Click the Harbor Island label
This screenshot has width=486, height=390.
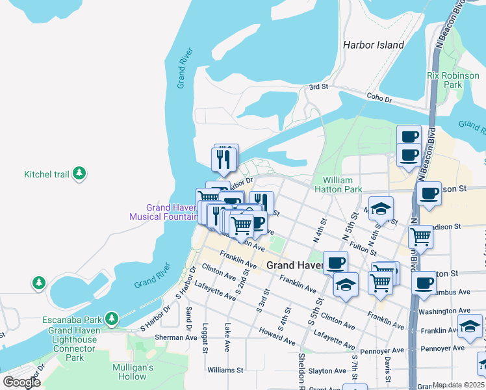point(373,45)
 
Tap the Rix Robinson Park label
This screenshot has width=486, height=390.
point(453,80)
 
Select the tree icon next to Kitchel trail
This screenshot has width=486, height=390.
point(79,174)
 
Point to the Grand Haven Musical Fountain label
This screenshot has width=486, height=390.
point(162,212)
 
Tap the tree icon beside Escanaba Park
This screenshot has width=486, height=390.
point(113,318)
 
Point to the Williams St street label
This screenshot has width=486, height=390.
point(225,370)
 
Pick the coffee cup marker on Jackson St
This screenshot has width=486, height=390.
point(429,193)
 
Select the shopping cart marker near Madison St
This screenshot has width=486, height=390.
point(421,237)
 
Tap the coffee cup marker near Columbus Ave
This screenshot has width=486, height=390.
point(424,283)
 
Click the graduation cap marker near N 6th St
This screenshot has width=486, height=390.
point(381,207)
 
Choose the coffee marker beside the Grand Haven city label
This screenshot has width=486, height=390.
point(335,263)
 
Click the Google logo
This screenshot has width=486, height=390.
point(21,382)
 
